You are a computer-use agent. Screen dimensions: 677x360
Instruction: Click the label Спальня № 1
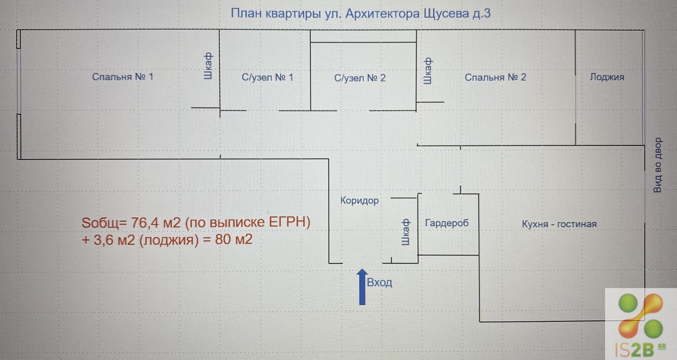click(123, 77)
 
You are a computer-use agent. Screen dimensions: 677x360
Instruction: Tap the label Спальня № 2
click(495, 77)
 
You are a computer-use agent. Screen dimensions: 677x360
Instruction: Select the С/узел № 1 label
click(267, 77)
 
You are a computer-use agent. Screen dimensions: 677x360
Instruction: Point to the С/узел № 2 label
click(360, 78)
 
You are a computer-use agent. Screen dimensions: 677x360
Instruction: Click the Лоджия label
click(607, 77)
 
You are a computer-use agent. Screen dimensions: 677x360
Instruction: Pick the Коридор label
click(359, 201)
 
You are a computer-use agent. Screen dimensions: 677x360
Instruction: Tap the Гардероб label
click(446, 223)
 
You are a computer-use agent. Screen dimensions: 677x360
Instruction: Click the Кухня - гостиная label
click(559, 224)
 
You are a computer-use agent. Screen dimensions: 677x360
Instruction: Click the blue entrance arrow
click(362, 287)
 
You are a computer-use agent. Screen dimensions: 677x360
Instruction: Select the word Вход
click(379, 282)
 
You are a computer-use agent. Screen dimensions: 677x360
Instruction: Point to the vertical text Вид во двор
click(658, 165)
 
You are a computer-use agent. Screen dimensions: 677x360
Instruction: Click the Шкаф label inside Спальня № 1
click(208, 66)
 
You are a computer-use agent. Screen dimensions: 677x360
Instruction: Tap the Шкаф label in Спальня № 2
click(427, 71)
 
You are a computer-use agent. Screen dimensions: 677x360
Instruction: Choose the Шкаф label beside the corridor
click(405, 232)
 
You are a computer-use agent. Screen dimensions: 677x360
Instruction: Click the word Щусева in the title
click(446, 14)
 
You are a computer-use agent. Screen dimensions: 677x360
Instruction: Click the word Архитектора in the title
click(383, 14)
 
